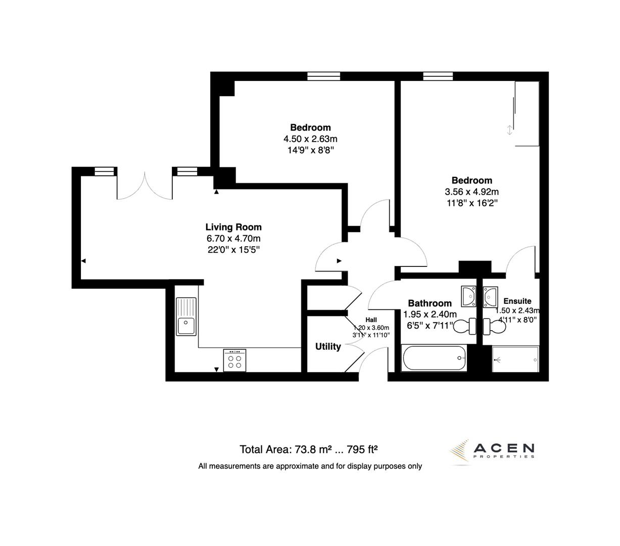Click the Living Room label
[233, 227]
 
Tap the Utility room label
[328, 347]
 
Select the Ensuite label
[517, 301]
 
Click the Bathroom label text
[430, 303]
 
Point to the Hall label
[371, 320]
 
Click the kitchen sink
[186, 316]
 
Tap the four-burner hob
[234, 360]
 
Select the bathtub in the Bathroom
[435, 358]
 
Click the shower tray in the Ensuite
[515, 359]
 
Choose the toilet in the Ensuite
[494, 327]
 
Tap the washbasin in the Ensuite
[491, 296]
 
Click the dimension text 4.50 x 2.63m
[310, 139]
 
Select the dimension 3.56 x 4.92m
[471, 192]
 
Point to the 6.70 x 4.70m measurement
[233, 239]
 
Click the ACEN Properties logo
[493, 449]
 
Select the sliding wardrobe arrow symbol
[509, 129]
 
